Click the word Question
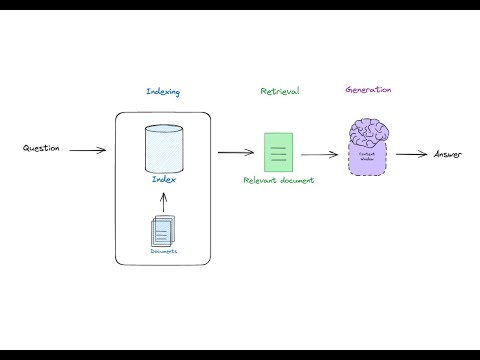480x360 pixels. pos(42,149)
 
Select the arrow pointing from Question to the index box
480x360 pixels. pos(88,151)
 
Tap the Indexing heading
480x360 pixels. pos(163,93)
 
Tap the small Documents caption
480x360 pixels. pos(163,251)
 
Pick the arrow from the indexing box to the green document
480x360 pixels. pos(235,152)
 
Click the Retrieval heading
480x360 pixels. pos(279,91)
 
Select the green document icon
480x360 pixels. pos(279,151)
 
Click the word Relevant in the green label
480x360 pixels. pos(260,181)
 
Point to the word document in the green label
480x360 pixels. pos(297,181)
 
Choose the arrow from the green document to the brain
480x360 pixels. pos(320,154)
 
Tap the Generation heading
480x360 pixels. pos(367,89)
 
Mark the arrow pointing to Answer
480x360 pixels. pos(411,154)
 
